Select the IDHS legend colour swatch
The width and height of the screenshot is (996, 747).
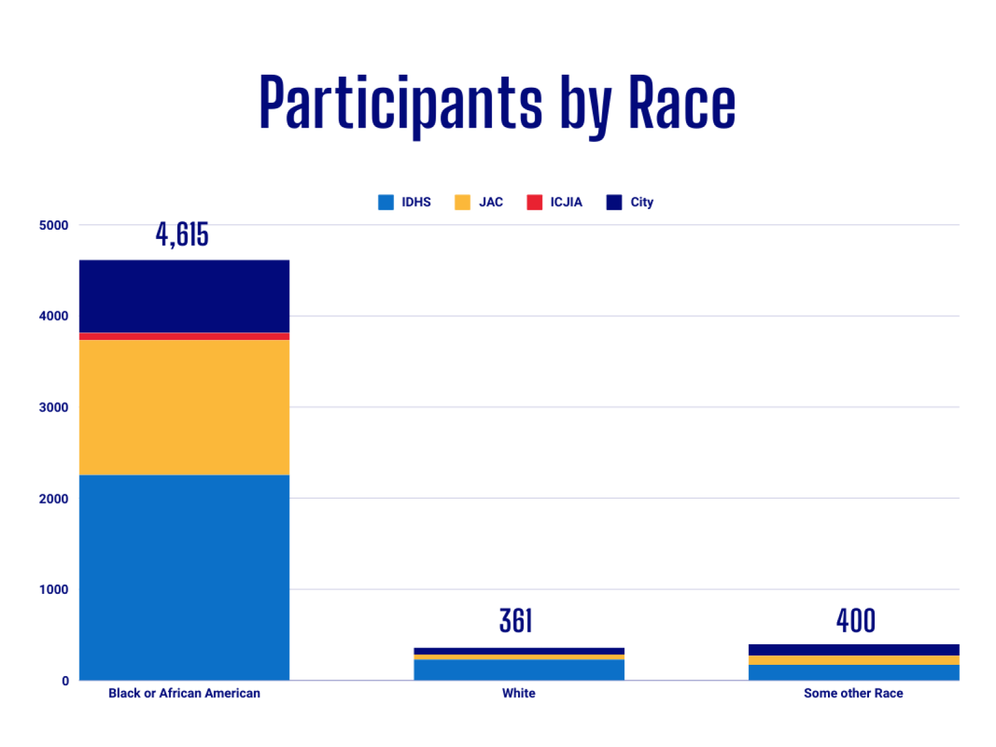pos(386,202)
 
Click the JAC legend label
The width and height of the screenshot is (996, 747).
pos(491,202)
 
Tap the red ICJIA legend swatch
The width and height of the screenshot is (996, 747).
pos(534,202)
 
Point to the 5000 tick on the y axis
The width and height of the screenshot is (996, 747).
pos(54,225)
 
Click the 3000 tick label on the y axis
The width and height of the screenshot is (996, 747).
pos(54,408)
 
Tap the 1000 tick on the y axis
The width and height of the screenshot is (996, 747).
pos(54,590)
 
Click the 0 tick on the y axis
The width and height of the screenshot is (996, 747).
pos(65,681)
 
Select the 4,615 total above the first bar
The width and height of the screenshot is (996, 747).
pos(182,235)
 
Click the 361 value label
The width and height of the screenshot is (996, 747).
pos(515,621)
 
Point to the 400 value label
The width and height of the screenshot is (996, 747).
pos(855,621)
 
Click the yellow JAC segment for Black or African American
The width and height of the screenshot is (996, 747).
pos(184,407)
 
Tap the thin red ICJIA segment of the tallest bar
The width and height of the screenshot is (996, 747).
pos(184,336)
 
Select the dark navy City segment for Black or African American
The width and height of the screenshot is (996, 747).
pos(184,296)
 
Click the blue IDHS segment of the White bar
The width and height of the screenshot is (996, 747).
pos(519,670)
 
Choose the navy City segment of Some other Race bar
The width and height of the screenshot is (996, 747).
pos(853,650)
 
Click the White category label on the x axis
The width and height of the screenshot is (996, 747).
pos(519,693)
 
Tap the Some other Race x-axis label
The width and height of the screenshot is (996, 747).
pos(853,693)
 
